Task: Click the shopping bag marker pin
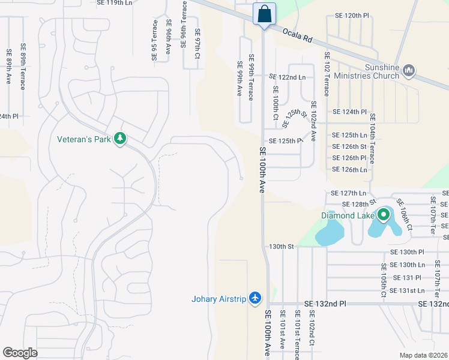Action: tap(264, 14)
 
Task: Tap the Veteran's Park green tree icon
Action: tap(120, 139)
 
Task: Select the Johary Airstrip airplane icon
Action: tap(256, 298)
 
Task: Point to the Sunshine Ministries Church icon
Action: tap(409, 71)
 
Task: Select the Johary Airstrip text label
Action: tap(218, 299)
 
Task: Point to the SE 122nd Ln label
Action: tap(287, 77)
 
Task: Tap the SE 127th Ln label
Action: tap(349, 193)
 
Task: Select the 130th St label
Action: tap(282, 247)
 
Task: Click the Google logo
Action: tap(20, 352)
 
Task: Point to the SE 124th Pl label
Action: tap(349, 112)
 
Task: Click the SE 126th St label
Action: tap(349, 146)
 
